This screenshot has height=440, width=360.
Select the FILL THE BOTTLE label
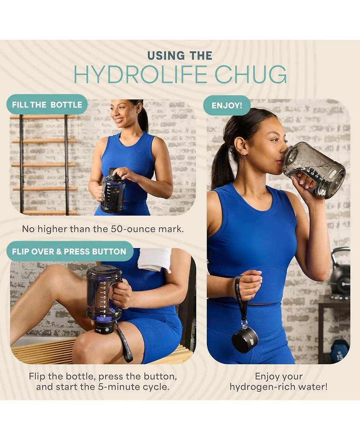pyautogui.click(x=47, y=104)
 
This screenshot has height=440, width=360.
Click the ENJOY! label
pyautogui.click(x=226, y=105)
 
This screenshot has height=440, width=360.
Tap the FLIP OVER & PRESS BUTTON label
pyautogui.click(x=69, y=251)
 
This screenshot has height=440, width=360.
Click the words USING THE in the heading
pyautogui.click(x=180, y=55)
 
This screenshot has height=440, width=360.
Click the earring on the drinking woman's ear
pyautogui.click(x=244, y=153)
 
